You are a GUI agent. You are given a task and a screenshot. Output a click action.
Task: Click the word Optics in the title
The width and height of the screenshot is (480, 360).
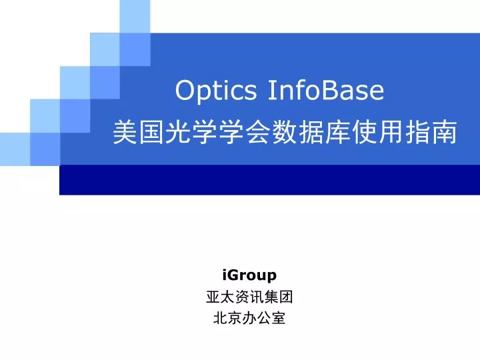click(x=215, y=90)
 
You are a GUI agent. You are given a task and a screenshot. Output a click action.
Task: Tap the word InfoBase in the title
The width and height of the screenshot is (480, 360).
click(x=326, y=90)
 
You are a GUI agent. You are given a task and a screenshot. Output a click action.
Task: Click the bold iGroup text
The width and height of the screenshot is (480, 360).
click(x=249, y=275)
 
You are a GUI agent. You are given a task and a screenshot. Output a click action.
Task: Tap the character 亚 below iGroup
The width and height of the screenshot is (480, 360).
click(x=213, y=297)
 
